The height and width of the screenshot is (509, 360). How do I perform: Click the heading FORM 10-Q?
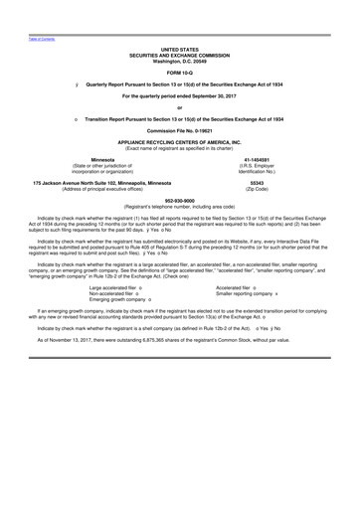click(179, 75)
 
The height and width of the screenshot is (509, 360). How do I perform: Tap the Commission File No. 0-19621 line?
click(179, 130)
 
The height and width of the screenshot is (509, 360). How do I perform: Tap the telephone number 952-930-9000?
click(179, 199)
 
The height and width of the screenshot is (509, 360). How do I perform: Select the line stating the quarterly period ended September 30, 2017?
click(179, 96)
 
